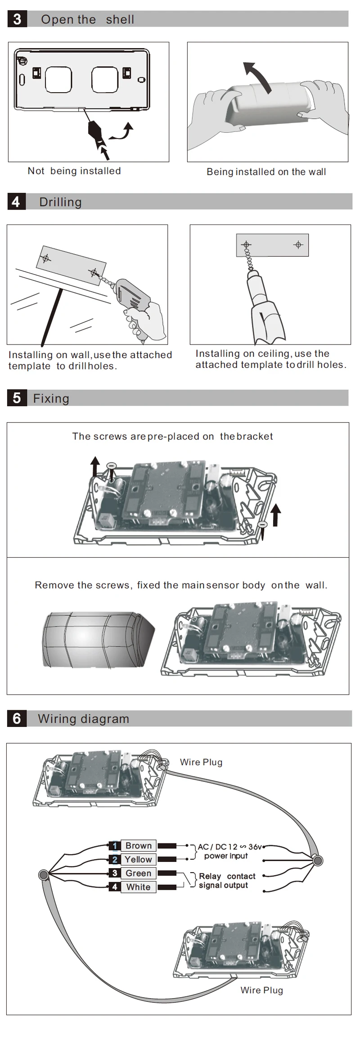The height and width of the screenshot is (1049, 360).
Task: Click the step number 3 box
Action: tap(17, 19)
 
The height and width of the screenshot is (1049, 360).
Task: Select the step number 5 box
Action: tap(17, 398)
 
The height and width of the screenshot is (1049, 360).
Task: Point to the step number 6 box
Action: tap(17, 718)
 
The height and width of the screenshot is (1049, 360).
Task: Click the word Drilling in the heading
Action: tap(60, 202)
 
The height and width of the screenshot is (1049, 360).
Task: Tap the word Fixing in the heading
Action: tap(51, 399)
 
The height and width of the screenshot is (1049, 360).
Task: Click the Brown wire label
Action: tap(138, 846)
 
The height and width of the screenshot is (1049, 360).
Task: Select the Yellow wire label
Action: tap(138, 860)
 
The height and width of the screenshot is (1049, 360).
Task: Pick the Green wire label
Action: tap(138, 873)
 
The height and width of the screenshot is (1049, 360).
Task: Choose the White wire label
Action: tap(138, 887)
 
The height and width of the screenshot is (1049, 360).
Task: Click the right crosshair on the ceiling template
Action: tap(298, 245)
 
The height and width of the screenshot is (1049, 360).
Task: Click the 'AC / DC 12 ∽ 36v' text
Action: tap(229, 847)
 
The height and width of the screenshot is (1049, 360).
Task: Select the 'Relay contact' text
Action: tap(227, 876)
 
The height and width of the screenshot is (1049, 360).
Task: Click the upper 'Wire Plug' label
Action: tap(201, 762)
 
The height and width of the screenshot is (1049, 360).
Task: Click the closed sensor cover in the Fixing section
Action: tap(99, 639)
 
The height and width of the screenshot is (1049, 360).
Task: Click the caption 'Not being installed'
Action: tap(74, 171)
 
